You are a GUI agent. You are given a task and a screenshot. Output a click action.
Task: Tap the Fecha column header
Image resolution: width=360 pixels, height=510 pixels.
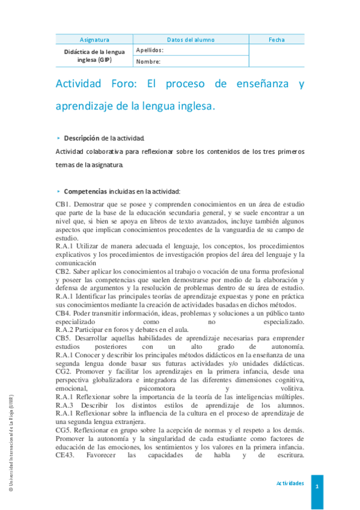pos(276,40)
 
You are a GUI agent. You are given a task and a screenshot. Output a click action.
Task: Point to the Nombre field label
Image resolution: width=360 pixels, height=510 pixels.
pos(148,61)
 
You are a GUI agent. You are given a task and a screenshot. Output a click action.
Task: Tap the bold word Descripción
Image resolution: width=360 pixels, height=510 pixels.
pos(81,137)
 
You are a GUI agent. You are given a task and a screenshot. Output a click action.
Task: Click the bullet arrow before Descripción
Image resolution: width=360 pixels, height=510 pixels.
pos(58,137)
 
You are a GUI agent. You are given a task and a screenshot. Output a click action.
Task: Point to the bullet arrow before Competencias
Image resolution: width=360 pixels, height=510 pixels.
pos(58,191)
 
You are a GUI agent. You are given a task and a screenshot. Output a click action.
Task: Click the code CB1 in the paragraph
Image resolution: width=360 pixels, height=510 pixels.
pos(63,204)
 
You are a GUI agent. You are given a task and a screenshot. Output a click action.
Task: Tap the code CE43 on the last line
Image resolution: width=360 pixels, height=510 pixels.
pos(66,455)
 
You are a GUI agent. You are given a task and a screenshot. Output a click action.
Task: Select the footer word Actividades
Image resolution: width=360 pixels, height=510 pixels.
pos(290,484)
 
